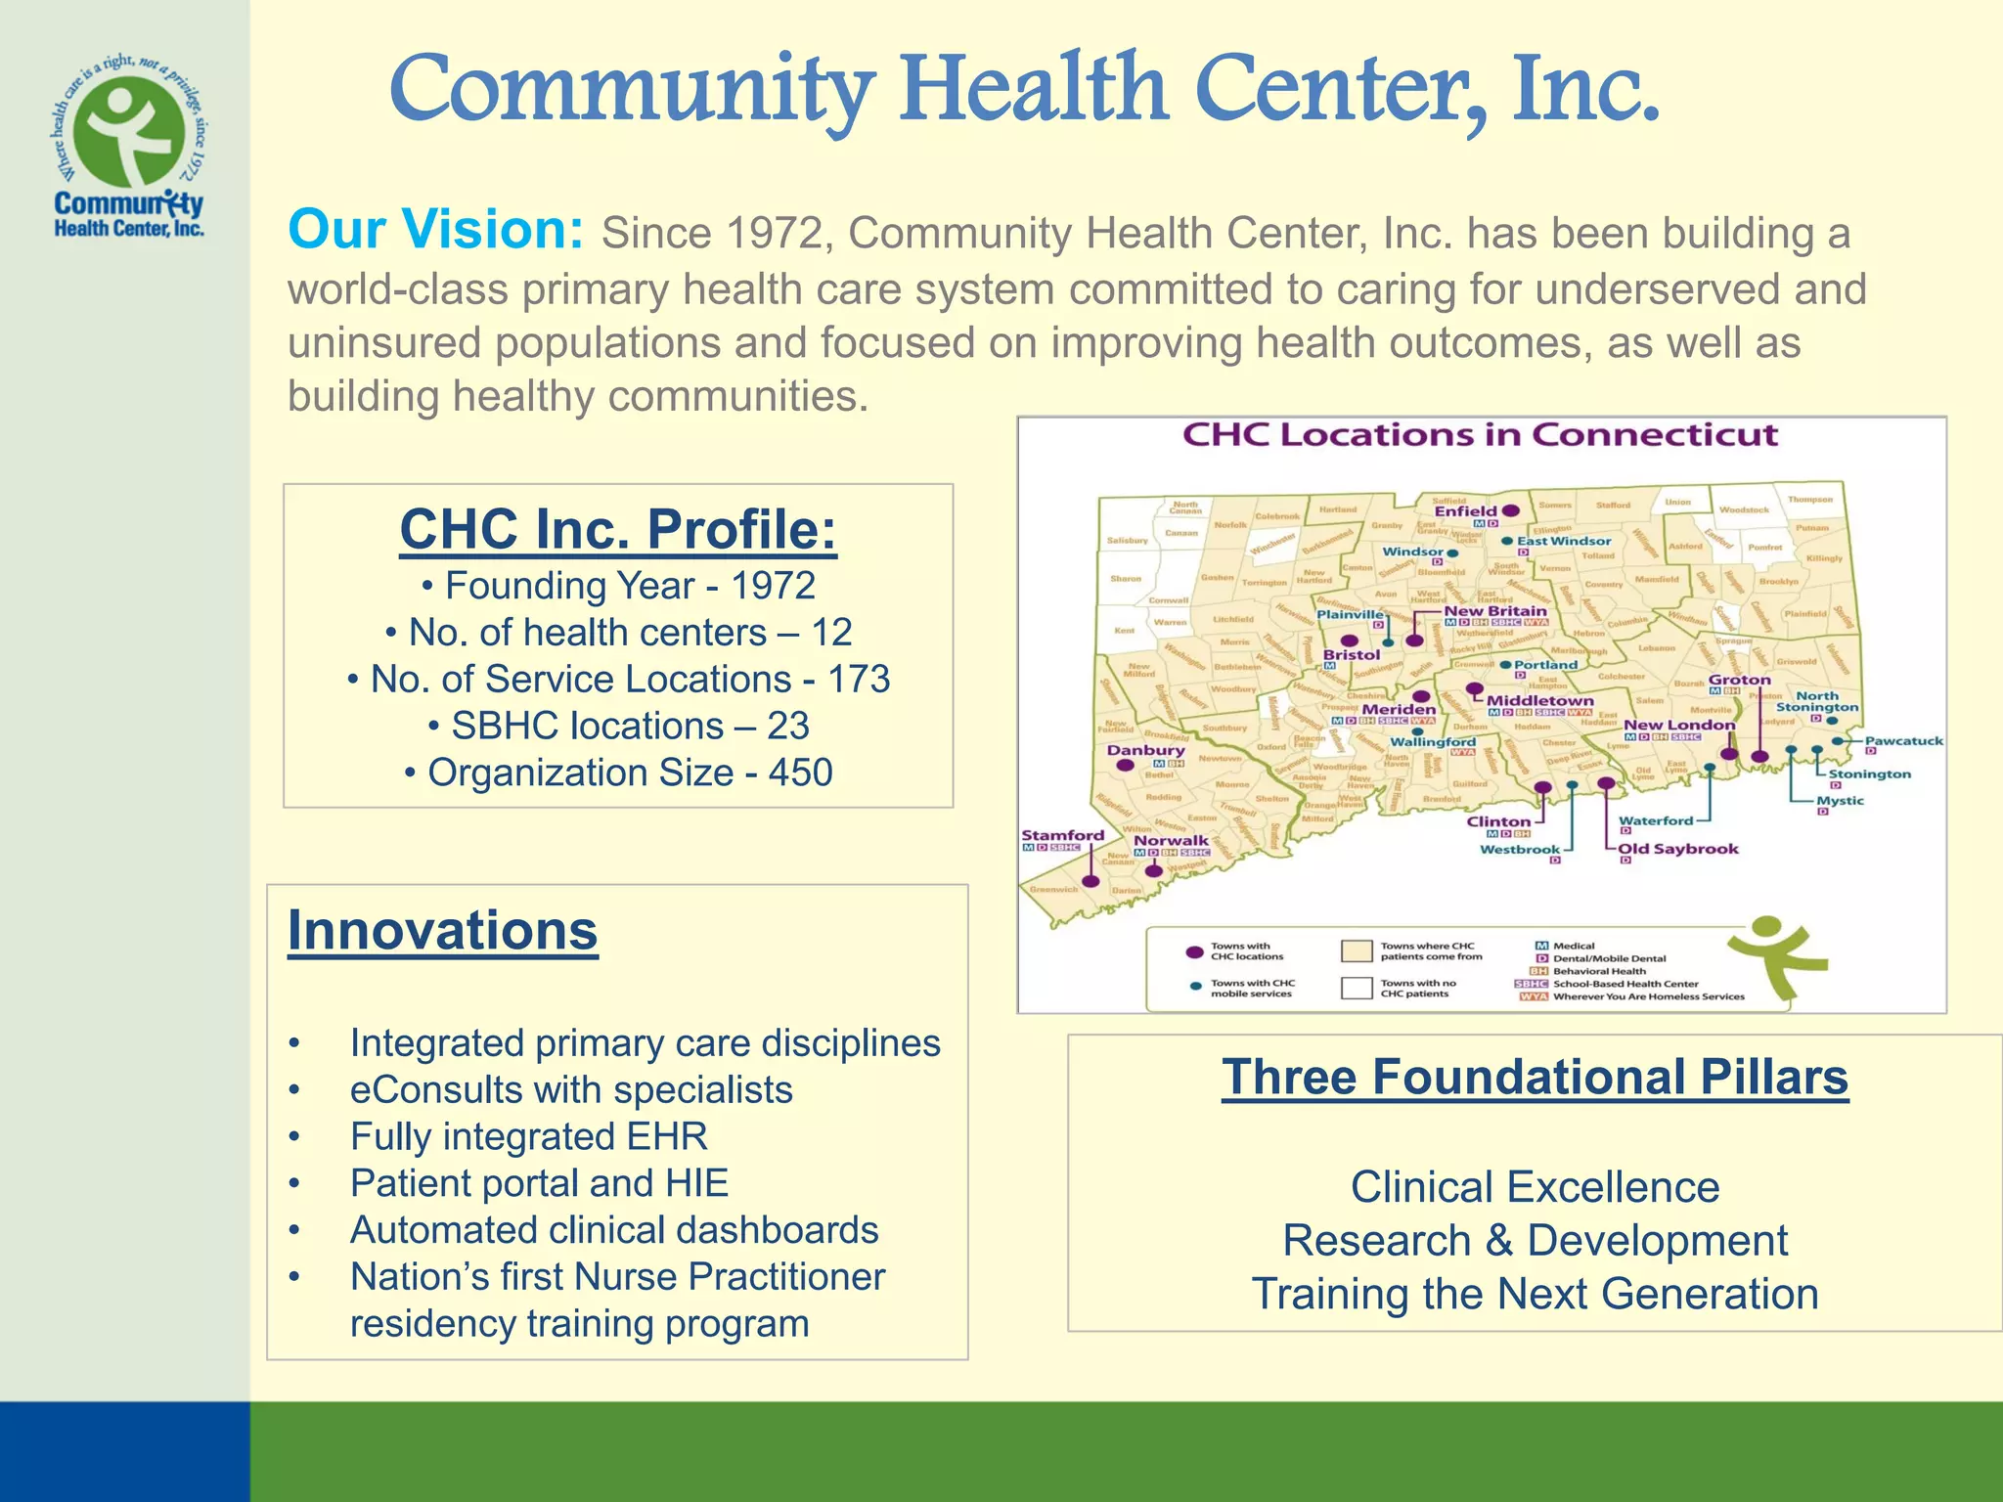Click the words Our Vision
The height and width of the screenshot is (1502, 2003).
point(435,230)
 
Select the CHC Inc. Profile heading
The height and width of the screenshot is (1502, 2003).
point(618,530)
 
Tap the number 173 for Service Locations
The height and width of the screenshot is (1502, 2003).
point(859,679)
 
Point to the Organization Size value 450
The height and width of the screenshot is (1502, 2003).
point(800,773)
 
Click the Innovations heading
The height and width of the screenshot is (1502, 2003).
point(442,930)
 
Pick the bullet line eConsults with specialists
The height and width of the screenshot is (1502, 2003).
point(571,1089)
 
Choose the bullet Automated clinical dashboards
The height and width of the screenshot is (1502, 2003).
point(614,1230)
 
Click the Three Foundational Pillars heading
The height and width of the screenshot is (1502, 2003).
point(1535,1077)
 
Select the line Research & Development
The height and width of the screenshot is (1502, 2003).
point(1535,1240)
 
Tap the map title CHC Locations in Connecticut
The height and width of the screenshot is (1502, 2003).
point(1480,435)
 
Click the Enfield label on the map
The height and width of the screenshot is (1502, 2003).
point(1465,510)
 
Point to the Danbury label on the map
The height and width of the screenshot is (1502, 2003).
point(1145,750)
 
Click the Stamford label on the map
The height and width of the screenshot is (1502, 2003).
point(1062,835)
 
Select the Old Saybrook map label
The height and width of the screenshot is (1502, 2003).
point(1678,848)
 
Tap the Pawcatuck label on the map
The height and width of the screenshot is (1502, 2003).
point(1903,740)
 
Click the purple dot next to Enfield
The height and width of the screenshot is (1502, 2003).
point(1511,510)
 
